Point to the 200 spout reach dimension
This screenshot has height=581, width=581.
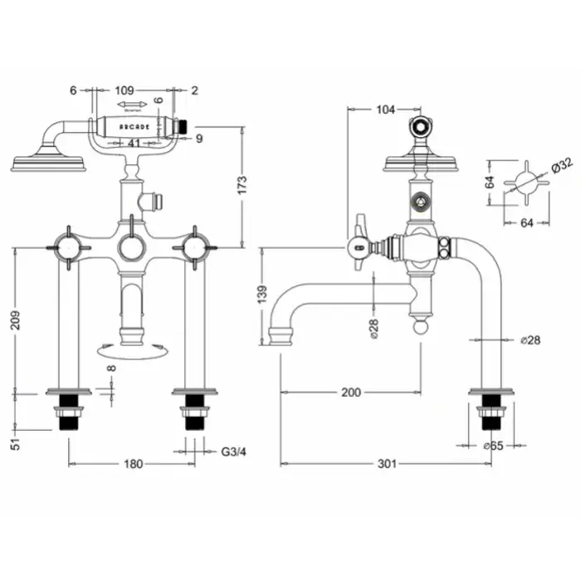pos(351,392)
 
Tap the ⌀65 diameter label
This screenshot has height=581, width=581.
pos(494,446)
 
